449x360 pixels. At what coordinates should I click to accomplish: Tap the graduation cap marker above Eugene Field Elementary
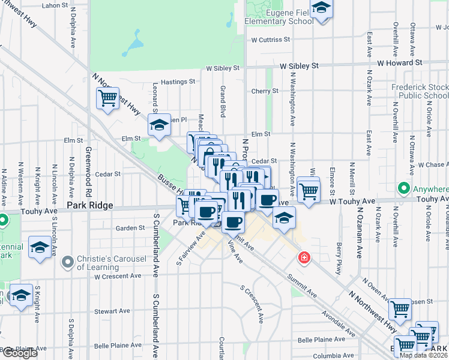click(322, 9)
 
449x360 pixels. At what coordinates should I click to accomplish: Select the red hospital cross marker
click(305, 257)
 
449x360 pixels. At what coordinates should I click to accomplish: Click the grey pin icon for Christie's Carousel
click(68, 262)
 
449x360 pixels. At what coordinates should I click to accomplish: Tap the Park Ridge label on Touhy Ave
click(89, 205)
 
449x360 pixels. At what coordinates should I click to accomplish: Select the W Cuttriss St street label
click(271, 40)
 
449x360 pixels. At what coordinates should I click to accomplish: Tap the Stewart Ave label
click(112, 311)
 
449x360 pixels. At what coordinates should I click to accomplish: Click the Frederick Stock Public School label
click(420, 91)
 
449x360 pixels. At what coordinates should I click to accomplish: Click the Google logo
click(20, 353)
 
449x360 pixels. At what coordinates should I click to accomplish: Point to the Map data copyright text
click(424, 355)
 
